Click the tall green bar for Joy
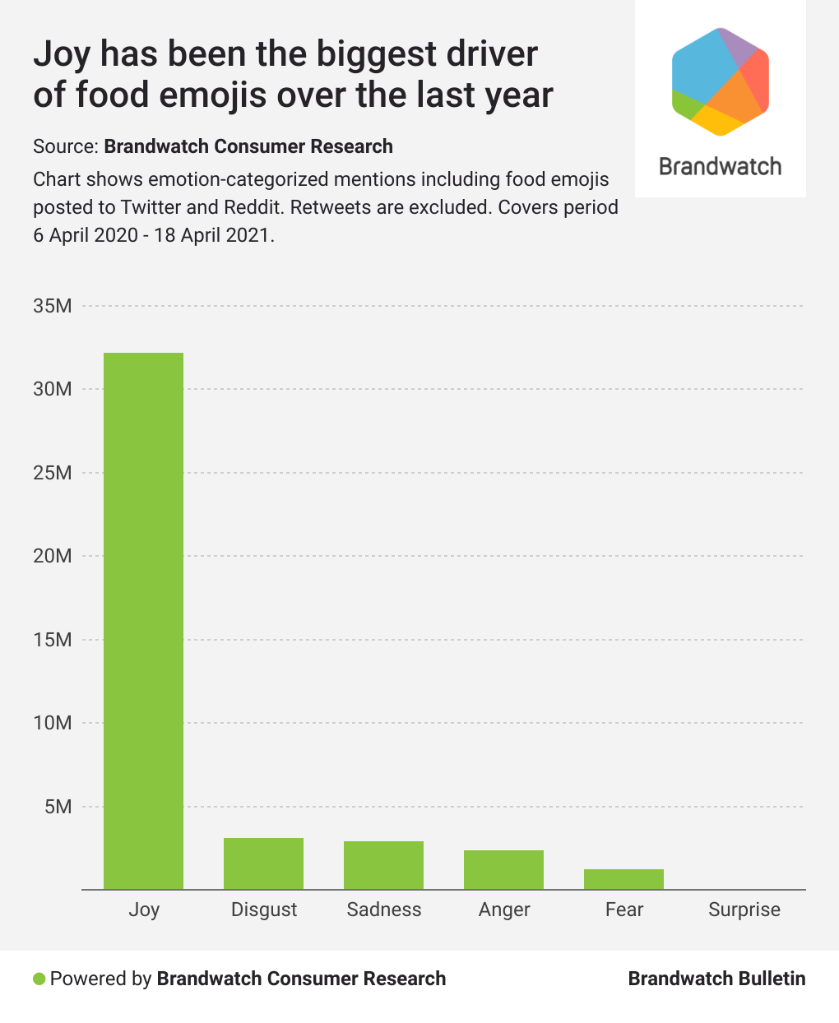coord(143,621)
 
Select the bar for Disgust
coord(263,863)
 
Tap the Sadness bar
coord(383,865)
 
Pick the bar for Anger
coord(503,869)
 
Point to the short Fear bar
coord(623,879)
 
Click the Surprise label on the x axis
coord(744,910)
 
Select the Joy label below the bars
coord(144,910)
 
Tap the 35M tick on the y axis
coord(53,306)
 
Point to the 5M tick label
coord(57,807)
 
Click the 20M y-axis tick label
coord(53,556)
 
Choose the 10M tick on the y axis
coord(53,723)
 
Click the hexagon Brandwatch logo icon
coord(721,81)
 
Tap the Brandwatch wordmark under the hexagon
coord(721,167)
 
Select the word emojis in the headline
coord(214,95)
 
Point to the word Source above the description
coord(64,146)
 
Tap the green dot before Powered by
coord(39,979)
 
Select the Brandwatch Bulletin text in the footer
coord(716,979)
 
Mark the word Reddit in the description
coord(253,206)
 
